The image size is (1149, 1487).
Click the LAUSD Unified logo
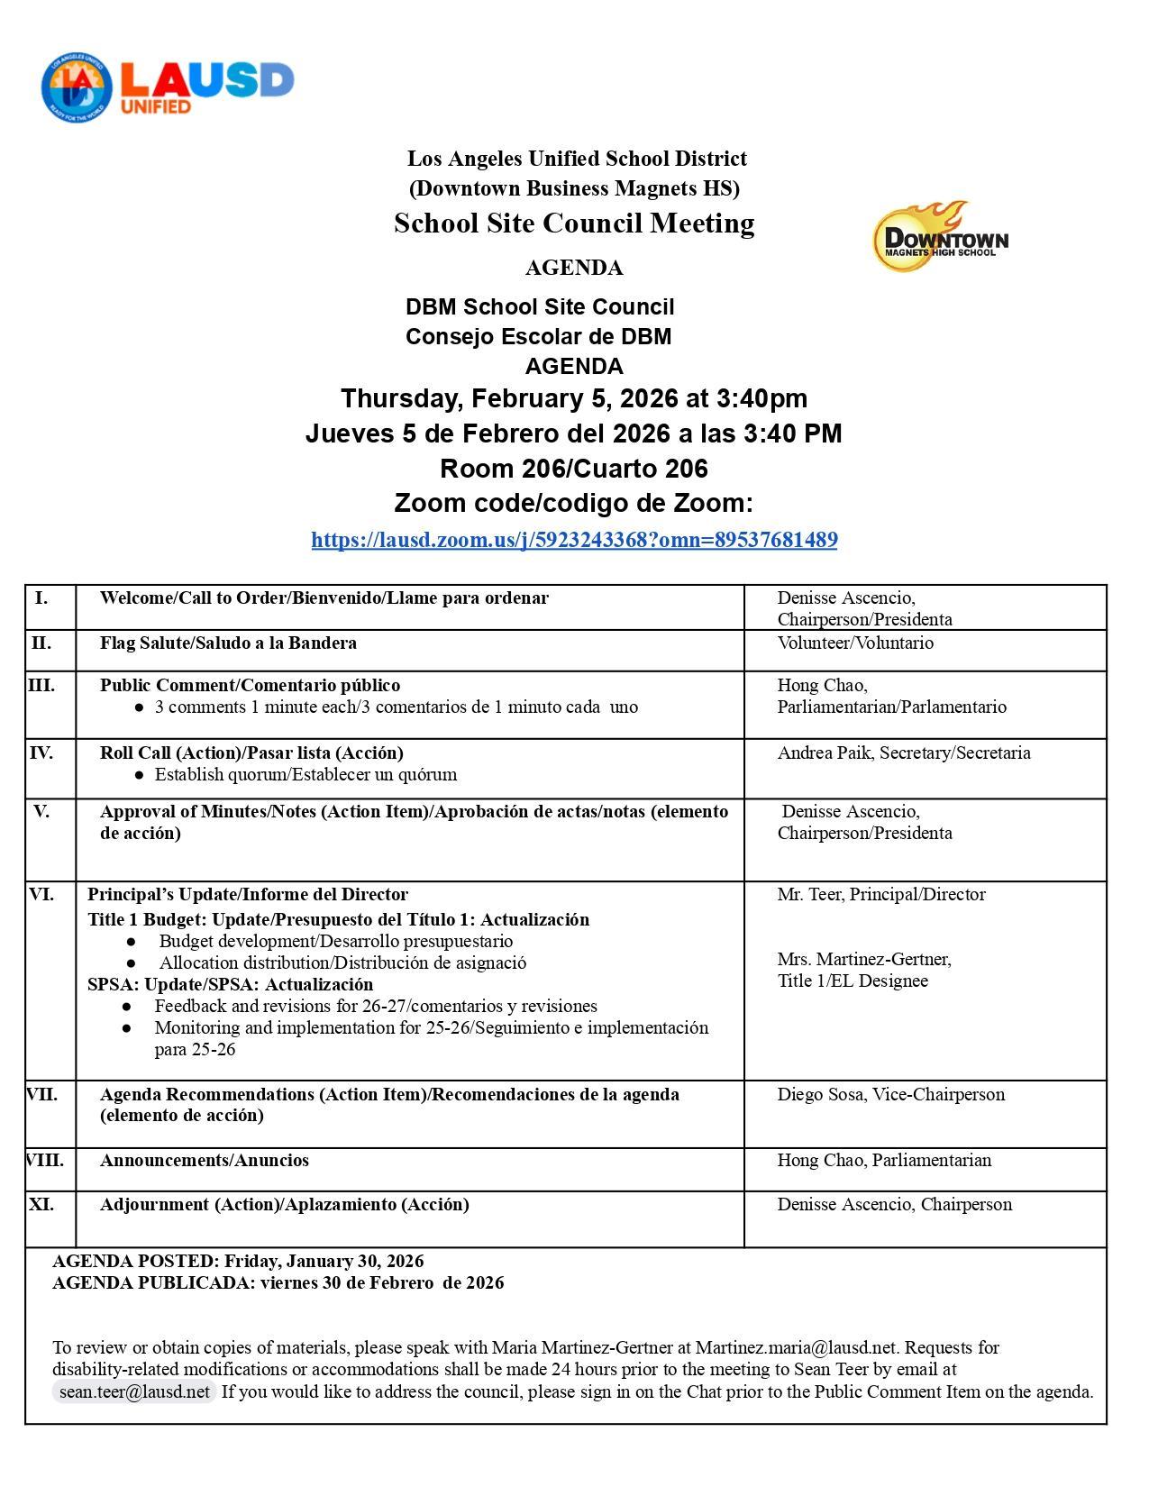(168, 87)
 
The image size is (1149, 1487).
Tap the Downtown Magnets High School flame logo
(939, 236)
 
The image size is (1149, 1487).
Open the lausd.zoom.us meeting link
(574, 540)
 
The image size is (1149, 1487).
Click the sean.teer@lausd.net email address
(133, 1391)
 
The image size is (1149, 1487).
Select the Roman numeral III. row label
(41, 685)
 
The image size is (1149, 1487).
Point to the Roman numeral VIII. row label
(45, 1160)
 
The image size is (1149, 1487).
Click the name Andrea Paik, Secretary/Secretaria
(904, 753)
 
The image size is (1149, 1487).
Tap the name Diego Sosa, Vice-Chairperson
(890, 1094)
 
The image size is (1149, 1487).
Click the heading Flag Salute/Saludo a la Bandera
(228, 643)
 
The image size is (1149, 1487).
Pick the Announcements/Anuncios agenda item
(204, 1160)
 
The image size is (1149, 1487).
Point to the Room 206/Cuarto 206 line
(574, 469)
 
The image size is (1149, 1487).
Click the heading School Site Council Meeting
(574, 223)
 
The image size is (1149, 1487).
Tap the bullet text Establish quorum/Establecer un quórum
(305, 774)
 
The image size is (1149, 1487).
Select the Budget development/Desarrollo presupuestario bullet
(335, 941)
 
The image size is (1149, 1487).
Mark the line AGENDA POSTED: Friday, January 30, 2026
(238, 1261)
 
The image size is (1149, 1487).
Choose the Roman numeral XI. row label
(41, 1204)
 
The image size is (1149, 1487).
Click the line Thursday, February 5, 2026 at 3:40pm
(574, 398)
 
